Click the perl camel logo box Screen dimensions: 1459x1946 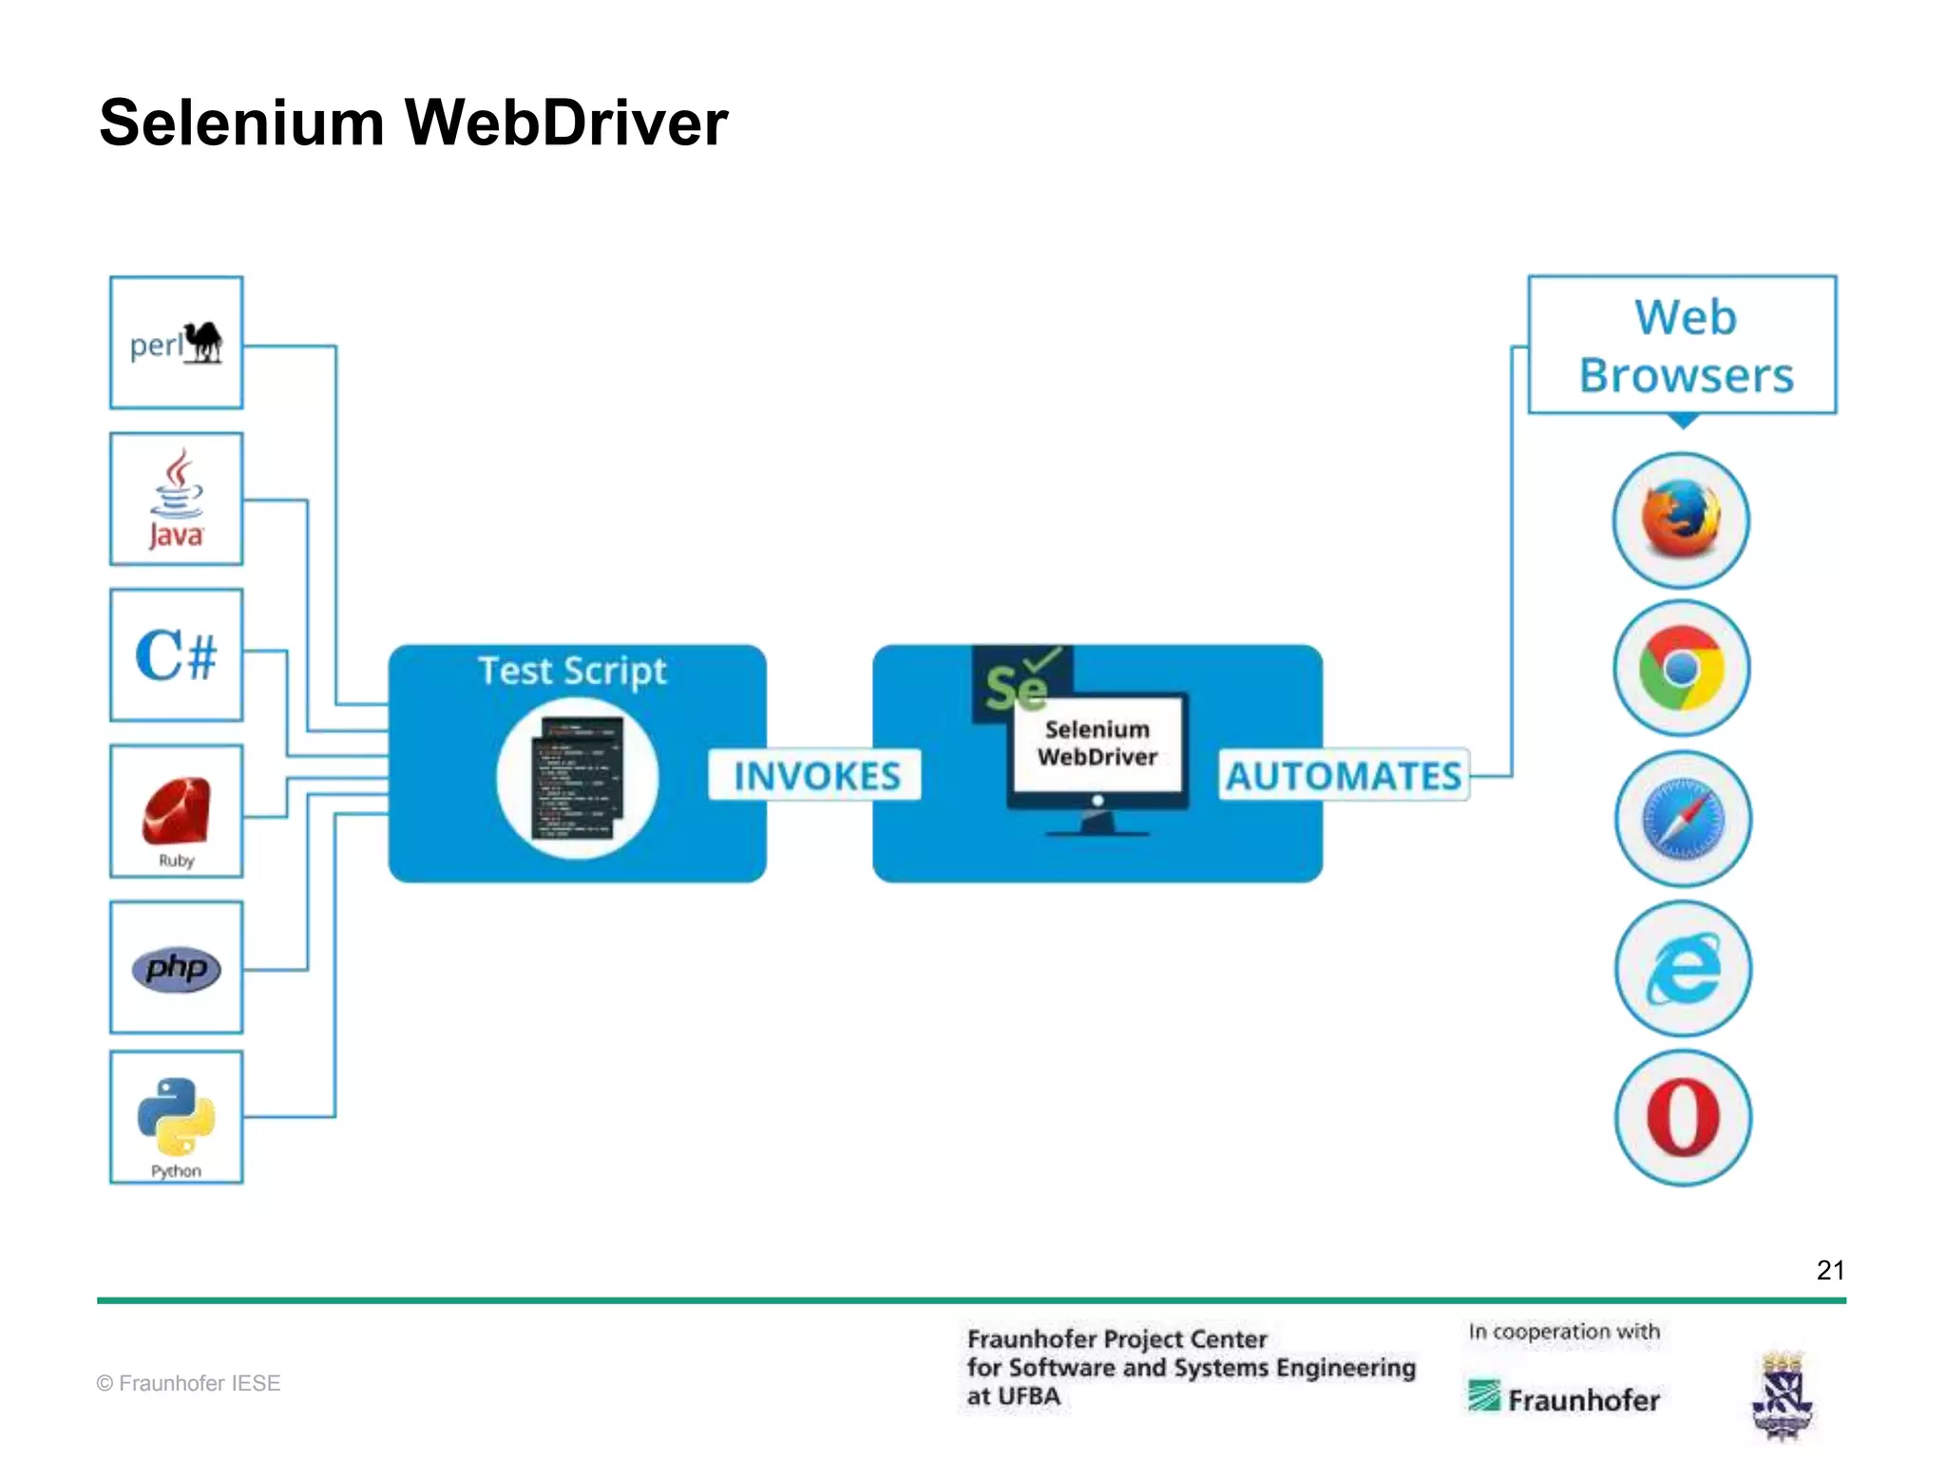click(x=177, y=343)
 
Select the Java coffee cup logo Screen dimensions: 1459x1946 click(x=177, y=498)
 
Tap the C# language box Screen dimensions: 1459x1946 click(x=177, y=655)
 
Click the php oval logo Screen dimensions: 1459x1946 click(x=177, y=969)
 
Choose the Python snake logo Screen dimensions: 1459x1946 click(x=177, y=1115)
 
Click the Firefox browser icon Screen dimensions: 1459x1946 click(x=1681, y=520)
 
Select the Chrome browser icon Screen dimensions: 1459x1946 click(x=1681, y=668)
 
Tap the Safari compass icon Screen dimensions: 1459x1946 click(x=1683, y=819)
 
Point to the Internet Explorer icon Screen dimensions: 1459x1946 click(x=1683, y=969)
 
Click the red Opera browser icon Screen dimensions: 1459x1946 click(x=1683, y=1117)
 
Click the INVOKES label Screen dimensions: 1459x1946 click(x=816, y=776)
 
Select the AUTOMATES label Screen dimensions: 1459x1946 click(x=1343, y=776)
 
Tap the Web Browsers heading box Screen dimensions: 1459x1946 click(x=1683, y=346)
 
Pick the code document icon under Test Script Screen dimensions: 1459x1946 click(x=577, y=778)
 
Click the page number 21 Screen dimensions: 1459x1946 click(x=1829, y=1271)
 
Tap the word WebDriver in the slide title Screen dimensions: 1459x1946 click(x=566, y=123)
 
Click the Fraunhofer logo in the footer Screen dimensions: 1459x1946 click(x=1564, y=1398)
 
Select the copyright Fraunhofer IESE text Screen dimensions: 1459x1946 click(x=188, y=1383)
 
